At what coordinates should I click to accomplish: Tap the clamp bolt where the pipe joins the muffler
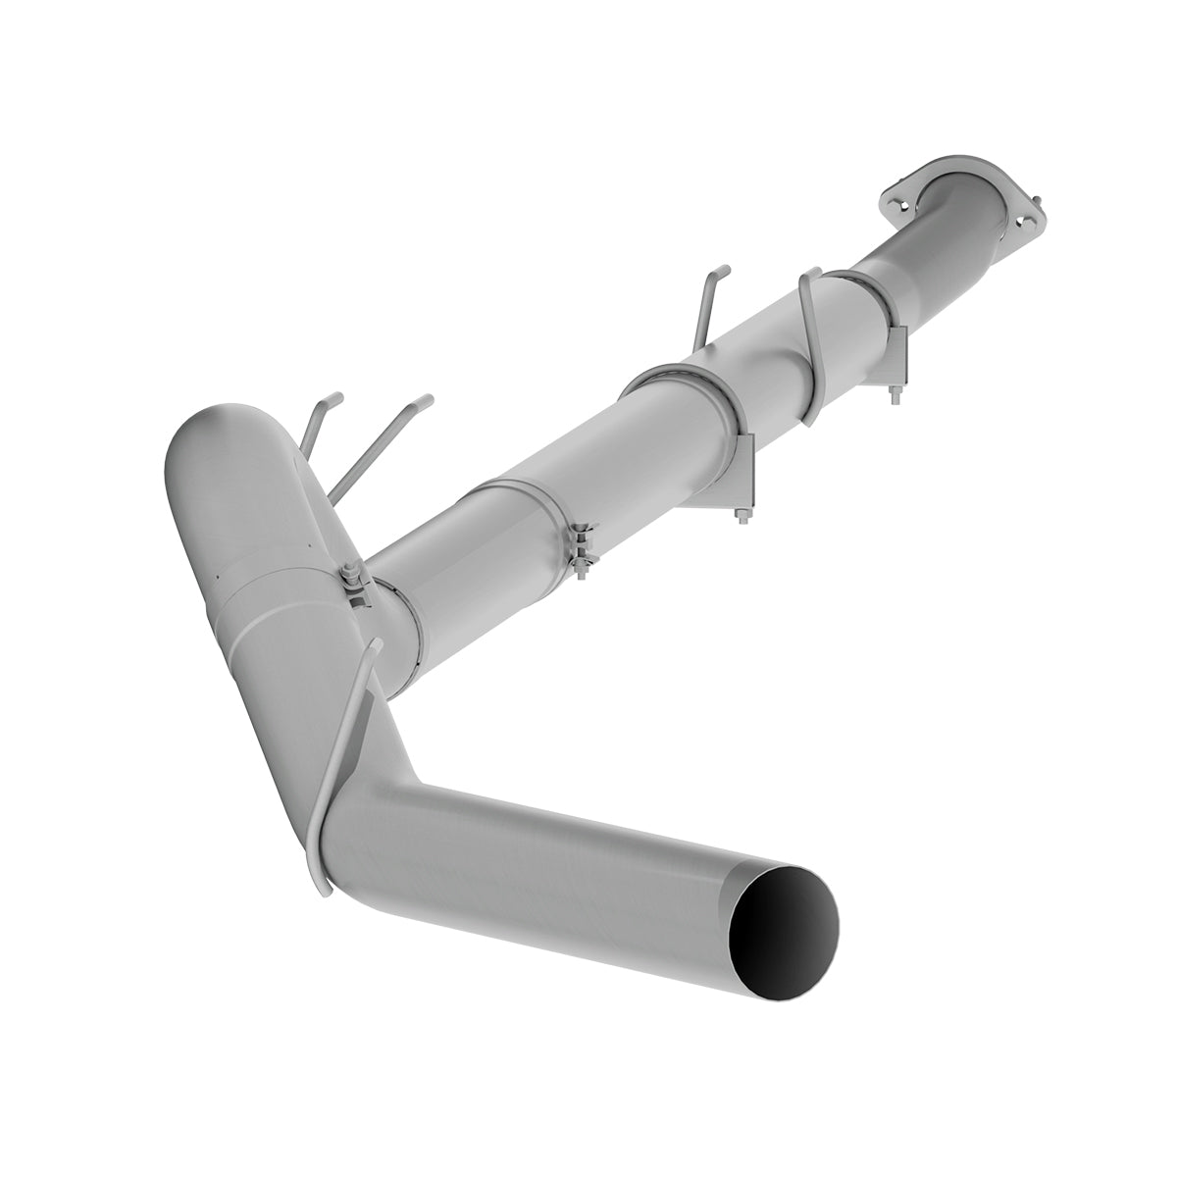pos(354,587)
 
